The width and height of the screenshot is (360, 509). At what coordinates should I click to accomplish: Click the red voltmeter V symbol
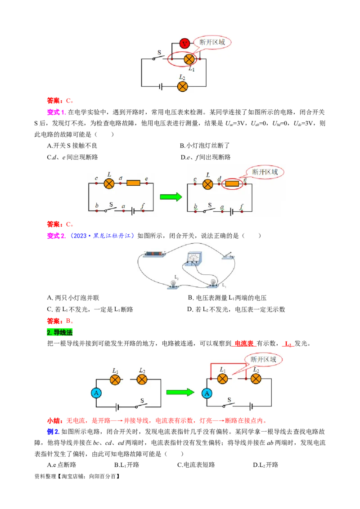pos(184,43)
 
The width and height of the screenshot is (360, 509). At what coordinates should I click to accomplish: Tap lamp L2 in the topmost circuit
pos(182,86)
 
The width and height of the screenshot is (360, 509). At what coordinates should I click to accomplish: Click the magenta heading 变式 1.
pos(56,112)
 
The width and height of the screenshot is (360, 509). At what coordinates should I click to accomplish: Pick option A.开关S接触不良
pos(72,146)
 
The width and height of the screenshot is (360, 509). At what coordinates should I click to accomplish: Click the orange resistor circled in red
pos(232,184)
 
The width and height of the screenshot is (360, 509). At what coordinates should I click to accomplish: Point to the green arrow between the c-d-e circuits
pos(171,196)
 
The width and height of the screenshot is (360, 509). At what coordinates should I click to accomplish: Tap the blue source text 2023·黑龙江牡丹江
pos(102,236)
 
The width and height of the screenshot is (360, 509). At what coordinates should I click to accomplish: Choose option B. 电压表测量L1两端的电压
pos(227,298)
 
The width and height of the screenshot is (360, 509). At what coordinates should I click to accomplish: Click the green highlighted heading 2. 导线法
pos(59,332)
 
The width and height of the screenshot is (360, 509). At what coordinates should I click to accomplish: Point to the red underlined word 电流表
pos(244,344)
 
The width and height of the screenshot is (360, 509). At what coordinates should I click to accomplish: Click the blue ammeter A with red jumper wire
pos(207,393)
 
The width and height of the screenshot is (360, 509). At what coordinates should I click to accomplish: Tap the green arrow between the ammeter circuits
pos(180,392)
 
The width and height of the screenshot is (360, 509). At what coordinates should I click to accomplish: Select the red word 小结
pos(53,421)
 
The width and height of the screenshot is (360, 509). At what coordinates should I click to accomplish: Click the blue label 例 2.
pos(53,432)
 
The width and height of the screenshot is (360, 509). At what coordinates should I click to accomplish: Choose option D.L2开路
pos(265,465)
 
